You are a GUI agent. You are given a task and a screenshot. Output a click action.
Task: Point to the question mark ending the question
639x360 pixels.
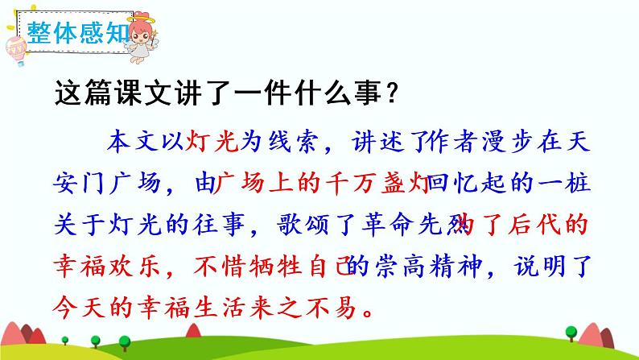[x=390, y=96]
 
